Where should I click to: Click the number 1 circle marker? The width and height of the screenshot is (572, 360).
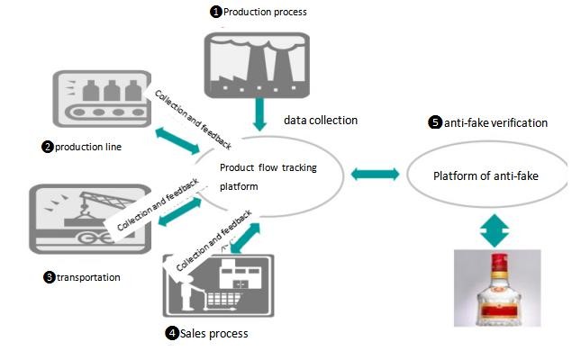click(x=215, y=12)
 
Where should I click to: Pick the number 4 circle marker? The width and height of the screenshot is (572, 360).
click(x=171, y=333)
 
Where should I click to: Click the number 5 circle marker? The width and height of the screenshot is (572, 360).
click(x=435, y=122)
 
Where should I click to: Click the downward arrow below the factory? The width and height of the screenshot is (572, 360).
click(x=259, y=112)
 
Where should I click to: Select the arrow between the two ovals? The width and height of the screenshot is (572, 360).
click(x=373, y=173)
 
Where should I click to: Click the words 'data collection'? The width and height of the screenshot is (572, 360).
click(x=321, y=120)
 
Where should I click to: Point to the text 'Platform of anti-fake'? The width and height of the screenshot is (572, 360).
click(x=486, y=175)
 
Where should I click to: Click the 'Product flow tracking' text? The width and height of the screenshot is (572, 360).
click(x=268, y=167)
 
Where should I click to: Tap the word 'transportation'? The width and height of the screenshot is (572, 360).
click(x=88, y=277)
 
